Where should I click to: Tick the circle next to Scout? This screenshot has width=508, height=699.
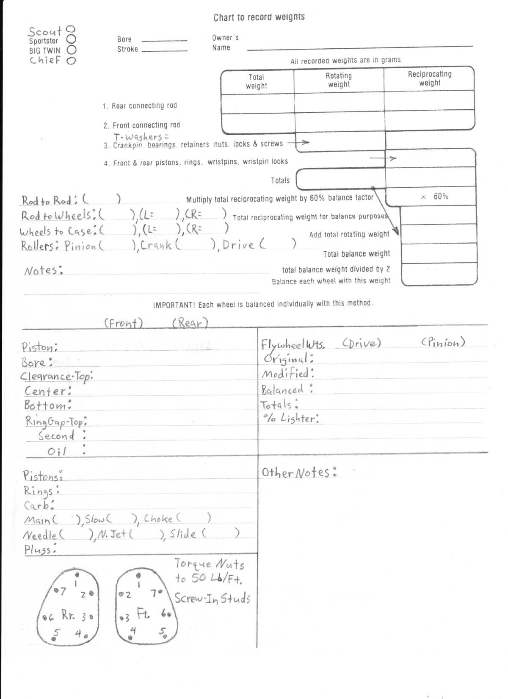tap(72, 29)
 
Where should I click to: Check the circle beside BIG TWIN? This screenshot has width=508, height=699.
tap(72, 50)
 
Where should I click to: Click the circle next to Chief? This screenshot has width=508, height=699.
tap(71, 60)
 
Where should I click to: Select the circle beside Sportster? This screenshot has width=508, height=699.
tap(72, 39)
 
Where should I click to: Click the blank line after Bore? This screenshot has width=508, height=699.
tap(164, 40)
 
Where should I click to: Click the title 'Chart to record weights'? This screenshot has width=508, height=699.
tap(259, 17)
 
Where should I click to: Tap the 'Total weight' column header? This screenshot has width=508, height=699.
tap(257, 81)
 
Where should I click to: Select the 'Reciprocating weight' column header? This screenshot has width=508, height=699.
tap(430, 78)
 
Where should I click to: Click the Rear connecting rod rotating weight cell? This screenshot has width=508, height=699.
tap(339, 103)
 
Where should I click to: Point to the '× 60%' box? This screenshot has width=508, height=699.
tap(435, 197)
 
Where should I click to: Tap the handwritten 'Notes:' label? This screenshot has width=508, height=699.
tap(44, 270)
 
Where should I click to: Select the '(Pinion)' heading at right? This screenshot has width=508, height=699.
tap(443, 342)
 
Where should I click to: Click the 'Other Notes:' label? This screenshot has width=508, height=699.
tap(299, 472)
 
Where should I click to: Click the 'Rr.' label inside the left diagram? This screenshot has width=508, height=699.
tap(68, 614)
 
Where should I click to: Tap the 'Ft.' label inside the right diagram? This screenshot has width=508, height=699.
tap(143, 613)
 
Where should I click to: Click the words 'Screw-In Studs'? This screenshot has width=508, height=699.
tap(212, 598)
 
